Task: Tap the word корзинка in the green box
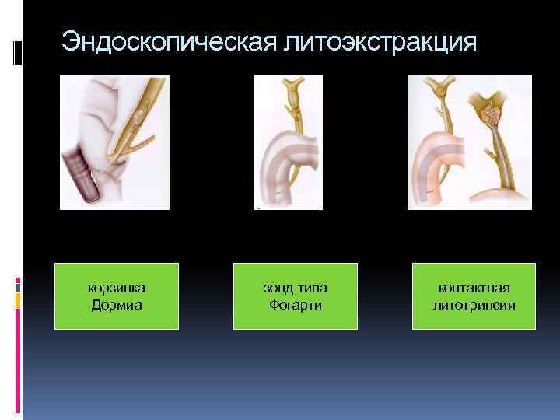coord(117,289)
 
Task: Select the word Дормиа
coord(117,304)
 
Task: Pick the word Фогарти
coord(296,304)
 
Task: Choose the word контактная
coord(474,289)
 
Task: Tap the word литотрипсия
coord(474,304)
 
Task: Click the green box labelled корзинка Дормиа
coord(117,296)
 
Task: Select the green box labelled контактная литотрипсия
coord(474,296)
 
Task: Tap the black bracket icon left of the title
coord(19,52)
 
